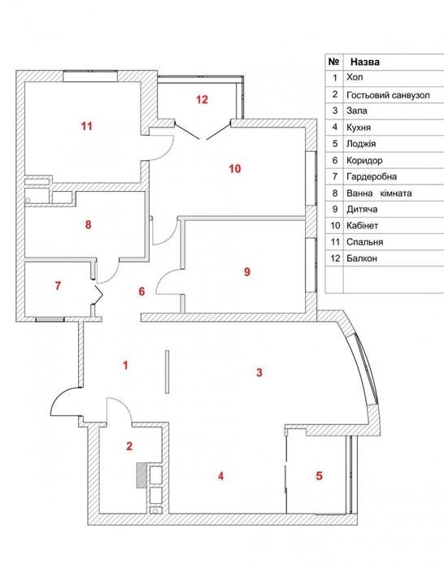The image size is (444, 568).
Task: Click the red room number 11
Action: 87,126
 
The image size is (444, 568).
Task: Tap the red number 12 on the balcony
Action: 202,99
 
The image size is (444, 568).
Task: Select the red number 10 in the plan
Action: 235,168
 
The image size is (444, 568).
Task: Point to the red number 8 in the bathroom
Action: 88,224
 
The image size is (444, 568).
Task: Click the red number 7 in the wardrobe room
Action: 58,286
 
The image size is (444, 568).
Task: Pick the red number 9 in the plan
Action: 247,271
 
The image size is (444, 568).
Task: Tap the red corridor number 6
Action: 141,291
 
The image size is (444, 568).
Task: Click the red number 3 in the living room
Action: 259,372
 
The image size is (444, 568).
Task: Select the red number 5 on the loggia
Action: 319,475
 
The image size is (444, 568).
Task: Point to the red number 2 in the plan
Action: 129,446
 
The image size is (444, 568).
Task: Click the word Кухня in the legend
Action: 359,128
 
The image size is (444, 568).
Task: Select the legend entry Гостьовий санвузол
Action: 388,95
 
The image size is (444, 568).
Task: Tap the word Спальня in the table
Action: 364,242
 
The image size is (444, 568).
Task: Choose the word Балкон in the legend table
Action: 362,258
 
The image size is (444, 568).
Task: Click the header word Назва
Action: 365,62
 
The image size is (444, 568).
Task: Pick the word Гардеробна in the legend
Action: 372,177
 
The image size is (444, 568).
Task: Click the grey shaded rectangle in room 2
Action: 141,475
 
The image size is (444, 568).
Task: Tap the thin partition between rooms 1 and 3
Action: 167,371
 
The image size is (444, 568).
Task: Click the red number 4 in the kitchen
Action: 220,475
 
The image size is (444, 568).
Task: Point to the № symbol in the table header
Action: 333,62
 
